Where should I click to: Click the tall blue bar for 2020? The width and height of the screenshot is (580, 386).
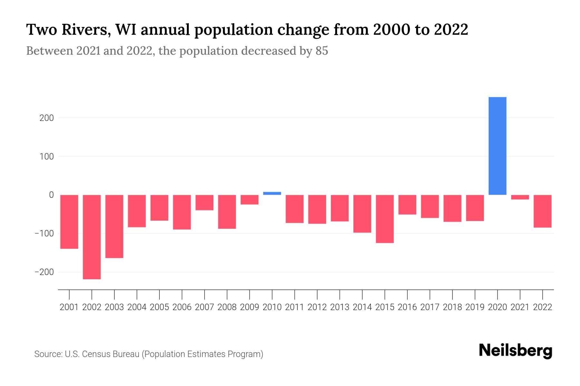pos(497,146)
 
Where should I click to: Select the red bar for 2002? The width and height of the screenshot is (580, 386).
pos(92,237)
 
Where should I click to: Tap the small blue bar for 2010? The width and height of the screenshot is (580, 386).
pos(272,193)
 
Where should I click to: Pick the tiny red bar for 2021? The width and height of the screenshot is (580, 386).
pos(520,197)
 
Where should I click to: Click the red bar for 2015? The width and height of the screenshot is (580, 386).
pos(385,219)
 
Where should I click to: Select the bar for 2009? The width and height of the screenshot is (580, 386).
pos(249,199)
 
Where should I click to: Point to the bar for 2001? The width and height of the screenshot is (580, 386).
pos(69,222)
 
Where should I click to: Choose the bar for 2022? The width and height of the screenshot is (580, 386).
pos(542,211)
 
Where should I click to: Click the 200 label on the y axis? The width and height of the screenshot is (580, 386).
pos(46,118)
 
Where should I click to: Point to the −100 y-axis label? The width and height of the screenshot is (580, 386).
pos(44,234)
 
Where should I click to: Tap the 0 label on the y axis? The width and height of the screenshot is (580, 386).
pos(51,195)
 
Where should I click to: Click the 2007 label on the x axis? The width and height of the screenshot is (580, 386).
pos(204,307)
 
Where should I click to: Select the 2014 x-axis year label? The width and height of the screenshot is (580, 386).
pos(362,307)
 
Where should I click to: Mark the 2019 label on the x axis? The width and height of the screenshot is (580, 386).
pos(475,307)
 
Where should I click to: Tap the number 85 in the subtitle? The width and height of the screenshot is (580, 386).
pos(322,51)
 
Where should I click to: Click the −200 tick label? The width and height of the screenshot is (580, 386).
pos(44,272)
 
